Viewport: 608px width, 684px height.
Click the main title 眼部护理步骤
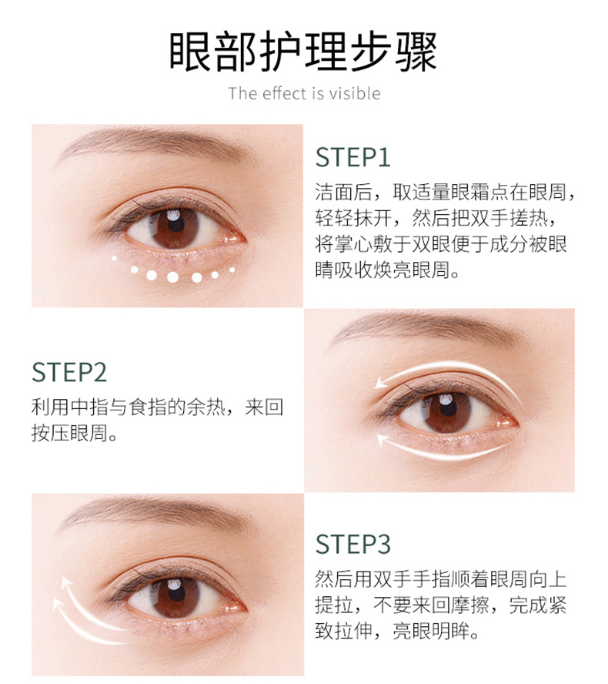coord(303,52)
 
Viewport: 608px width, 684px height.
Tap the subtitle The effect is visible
coord(304,94)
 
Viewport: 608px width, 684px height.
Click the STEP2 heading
coord(69,372)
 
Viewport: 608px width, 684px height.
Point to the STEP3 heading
coord(353,543)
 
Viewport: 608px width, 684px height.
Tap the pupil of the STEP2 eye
coord(446,409)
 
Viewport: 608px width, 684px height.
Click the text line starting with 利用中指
coord(158,407)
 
